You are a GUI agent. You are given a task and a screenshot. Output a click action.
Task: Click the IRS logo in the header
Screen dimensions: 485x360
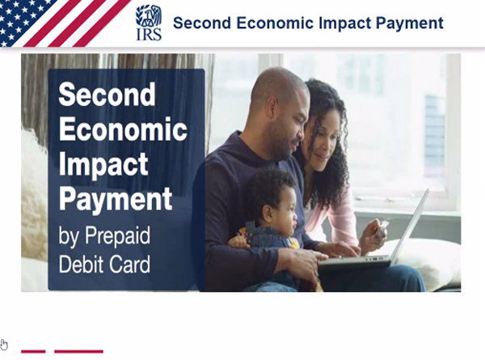tap(149, 23)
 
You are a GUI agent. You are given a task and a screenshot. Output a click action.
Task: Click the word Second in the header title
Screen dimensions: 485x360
tap(202, 23)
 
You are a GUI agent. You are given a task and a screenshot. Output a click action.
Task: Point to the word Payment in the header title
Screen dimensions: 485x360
tap(410, 23)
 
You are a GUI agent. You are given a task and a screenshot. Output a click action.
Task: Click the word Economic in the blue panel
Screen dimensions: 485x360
tap(123, 129)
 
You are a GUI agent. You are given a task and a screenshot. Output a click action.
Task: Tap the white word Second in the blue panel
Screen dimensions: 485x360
tap(107, 94)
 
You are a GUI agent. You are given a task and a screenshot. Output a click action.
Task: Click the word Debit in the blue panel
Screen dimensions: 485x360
tap(81, 264)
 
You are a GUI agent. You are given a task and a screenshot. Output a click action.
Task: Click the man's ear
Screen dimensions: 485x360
tap(272, 108)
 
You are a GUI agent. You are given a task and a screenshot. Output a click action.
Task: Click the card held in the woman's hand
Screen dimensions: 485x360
tap(382, 229)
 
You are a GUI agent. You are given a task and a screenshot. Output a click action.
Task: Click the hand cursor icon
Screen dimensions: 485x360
tap(4, 344)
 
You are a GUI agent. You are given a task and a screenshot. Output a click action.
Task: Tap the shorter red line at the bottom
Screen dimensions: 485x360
tap(33, 351)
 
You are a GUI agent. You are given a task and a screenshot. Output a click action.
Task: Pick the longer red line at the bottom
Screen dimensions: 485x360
tap(78, 351)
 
